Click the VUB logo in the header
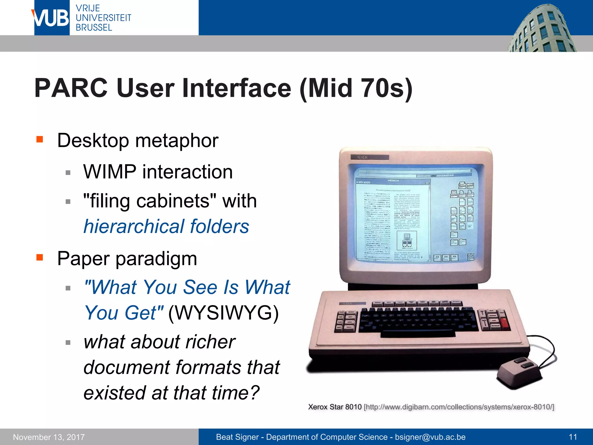click(52, 18)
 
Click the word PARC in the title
click(71, 88)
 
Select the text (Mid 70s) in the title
click(356, 88)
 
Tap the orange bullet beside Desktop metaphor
click(40, 139)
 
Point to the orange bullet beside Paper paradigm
click(40, 257)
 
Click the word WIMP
click(109, 172)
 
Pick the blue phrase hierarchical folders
click(166, 226)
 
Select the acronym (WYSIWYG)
click(223, 313)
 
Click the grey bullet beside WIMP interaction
click(68, 173)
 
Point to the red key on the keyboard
click(505, 323)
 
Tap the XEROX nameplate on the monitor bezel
click(369, 157)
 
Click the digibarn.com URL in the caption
click(459, 407)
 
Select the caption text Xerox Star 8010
click(335, 407)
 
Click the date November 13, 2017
click(49, 437)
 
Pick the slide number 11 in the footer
click(573, 437)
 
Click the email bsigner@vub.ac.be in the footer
click(430, 437)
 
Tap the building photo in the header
click(541, 29)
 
